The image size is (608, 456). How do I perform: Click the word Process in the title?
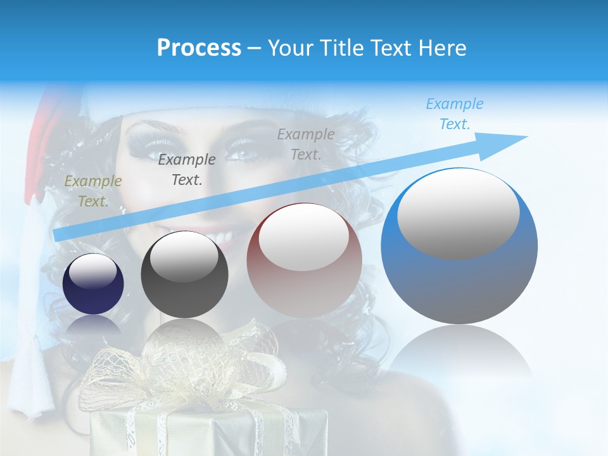[199, 48]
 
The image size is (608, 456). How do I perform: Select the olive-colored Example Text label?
[92, 191]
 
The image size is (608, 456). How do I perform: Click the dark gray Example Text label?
[186, 170]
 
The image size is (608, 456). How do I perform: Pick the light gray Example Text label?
[305, 144]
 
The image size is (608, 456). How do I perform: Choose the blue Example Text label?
[454, 114]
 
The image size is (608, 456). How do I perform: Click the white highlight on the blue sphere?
[458, 213]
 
